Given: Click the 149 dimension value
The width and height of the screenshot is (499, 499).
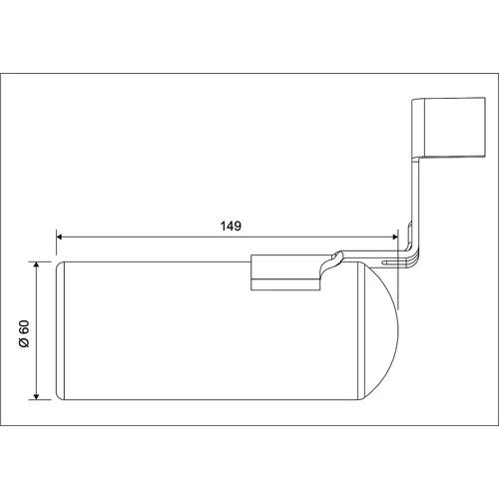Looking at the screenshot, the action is [231, 226].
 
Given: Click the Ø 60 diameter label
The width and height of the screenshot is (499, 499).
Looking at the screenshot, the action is [24, 333].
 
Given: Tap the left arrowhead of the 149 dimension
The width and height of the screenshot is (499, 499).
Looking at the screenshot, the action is [59, 237].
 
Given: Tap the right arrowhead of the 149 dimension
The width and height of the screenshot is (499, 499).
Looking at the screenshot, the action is [395, 237].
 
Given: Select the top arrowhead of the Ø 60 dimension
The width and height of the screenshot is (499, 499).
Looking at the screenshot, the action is [36, 264].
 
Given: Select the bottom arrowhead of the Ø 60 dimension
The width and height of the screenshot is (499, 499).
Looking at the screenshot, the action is [36, 396].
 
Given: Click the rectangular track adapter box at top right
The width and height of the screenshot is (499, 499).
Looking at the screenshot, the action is [448, 127].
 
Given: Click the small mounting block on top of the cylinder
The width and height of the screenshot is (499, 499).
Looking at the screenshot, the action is [286, 272].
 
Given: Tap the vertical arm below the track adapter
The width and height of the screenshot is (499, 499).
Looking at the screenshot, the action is [416, 203].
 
